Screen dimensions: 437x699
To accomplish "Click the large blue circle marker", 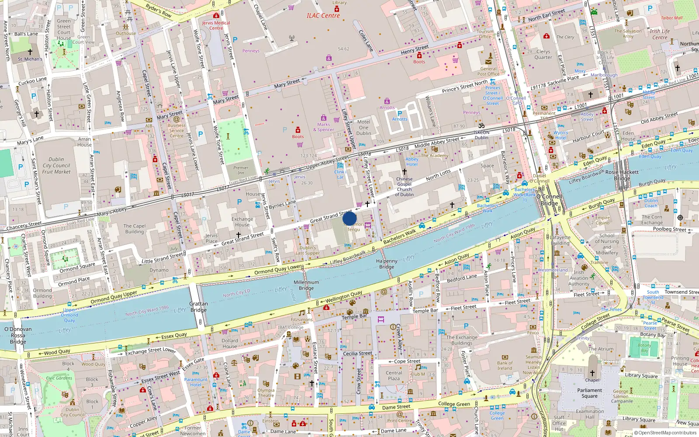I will (349, 218).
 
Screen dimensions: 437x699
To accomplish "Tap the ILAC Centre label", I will (323, 16).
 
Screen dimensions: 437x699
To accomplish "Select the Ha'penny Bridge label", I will (387, 264).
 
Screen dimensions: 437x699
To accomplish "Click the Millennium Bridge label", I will (306, 285).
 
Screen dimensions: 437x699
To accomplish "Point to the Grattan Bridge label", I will (198, 307).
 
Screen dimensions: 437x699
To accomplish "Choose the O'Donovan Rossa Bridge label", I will (18, 335).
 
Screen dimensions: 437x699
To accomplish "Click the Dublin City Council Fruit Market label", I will (56, 166).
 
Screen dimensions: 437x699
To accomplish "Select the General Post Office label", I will (488, 71).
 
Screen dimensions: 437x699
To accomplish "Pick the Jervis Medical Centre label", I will (216, 25).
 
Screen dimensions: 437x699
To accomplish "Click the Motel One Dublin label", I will (363, 128).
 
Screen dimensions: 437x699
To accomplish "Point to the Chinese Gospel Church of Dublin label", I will (404, 187).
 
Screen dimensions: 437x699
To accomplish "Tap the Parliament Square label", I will (589, 393).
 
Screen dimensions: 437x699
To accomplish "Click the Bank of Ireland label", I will (505, 365).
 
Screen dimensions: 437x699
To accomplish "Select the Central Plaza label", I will (394, 376).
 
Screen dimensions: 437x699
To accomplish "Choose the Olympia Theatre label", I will (266, 393).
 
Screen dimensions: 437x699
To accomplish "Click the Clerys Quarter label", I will (543, 54).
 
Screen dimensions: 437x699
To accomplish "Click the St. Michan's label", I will (30, 59).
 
